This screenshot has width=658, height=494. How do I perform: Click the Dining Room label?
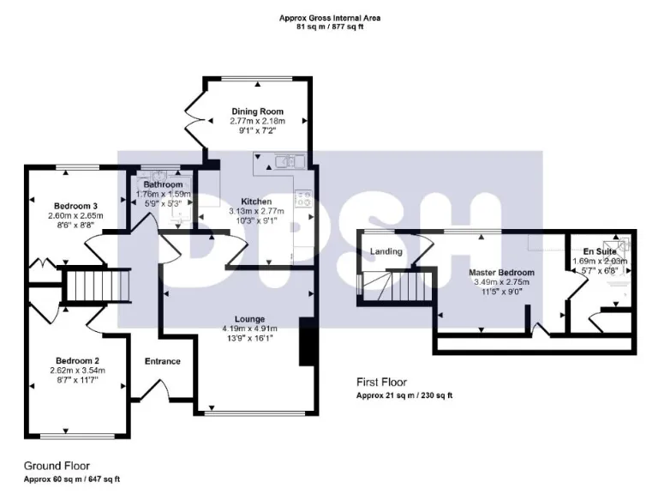[257, 111]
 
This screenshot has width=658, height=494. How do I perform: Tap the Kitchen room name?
[256, 202]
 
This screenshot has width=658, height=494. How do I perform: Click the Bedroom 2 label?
[78, 360]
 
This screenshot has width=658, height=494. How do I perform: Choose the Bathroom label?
[163, 184]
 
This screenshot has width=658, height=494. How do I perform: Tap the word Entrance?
[162, 361]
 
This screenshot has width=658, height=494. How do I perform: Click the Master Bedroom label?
[501, 273]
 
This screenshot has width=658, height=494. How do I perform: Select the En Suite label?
[599, 250]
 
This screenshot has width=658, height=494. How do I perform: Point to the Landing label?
[386, 251]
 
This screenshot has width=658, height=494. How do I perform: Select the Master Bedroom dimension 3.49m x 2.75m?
[501, 282]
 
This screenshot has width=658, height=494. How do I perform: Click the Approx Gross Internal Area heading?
[330, 17]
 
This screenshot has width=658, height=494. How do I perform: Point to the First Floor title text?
[381, 383]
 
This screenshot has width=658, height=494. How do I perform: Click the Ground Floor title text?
[57, 466]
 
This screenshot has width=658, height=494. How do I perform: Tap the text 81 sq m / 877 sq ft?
[330, 27]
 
